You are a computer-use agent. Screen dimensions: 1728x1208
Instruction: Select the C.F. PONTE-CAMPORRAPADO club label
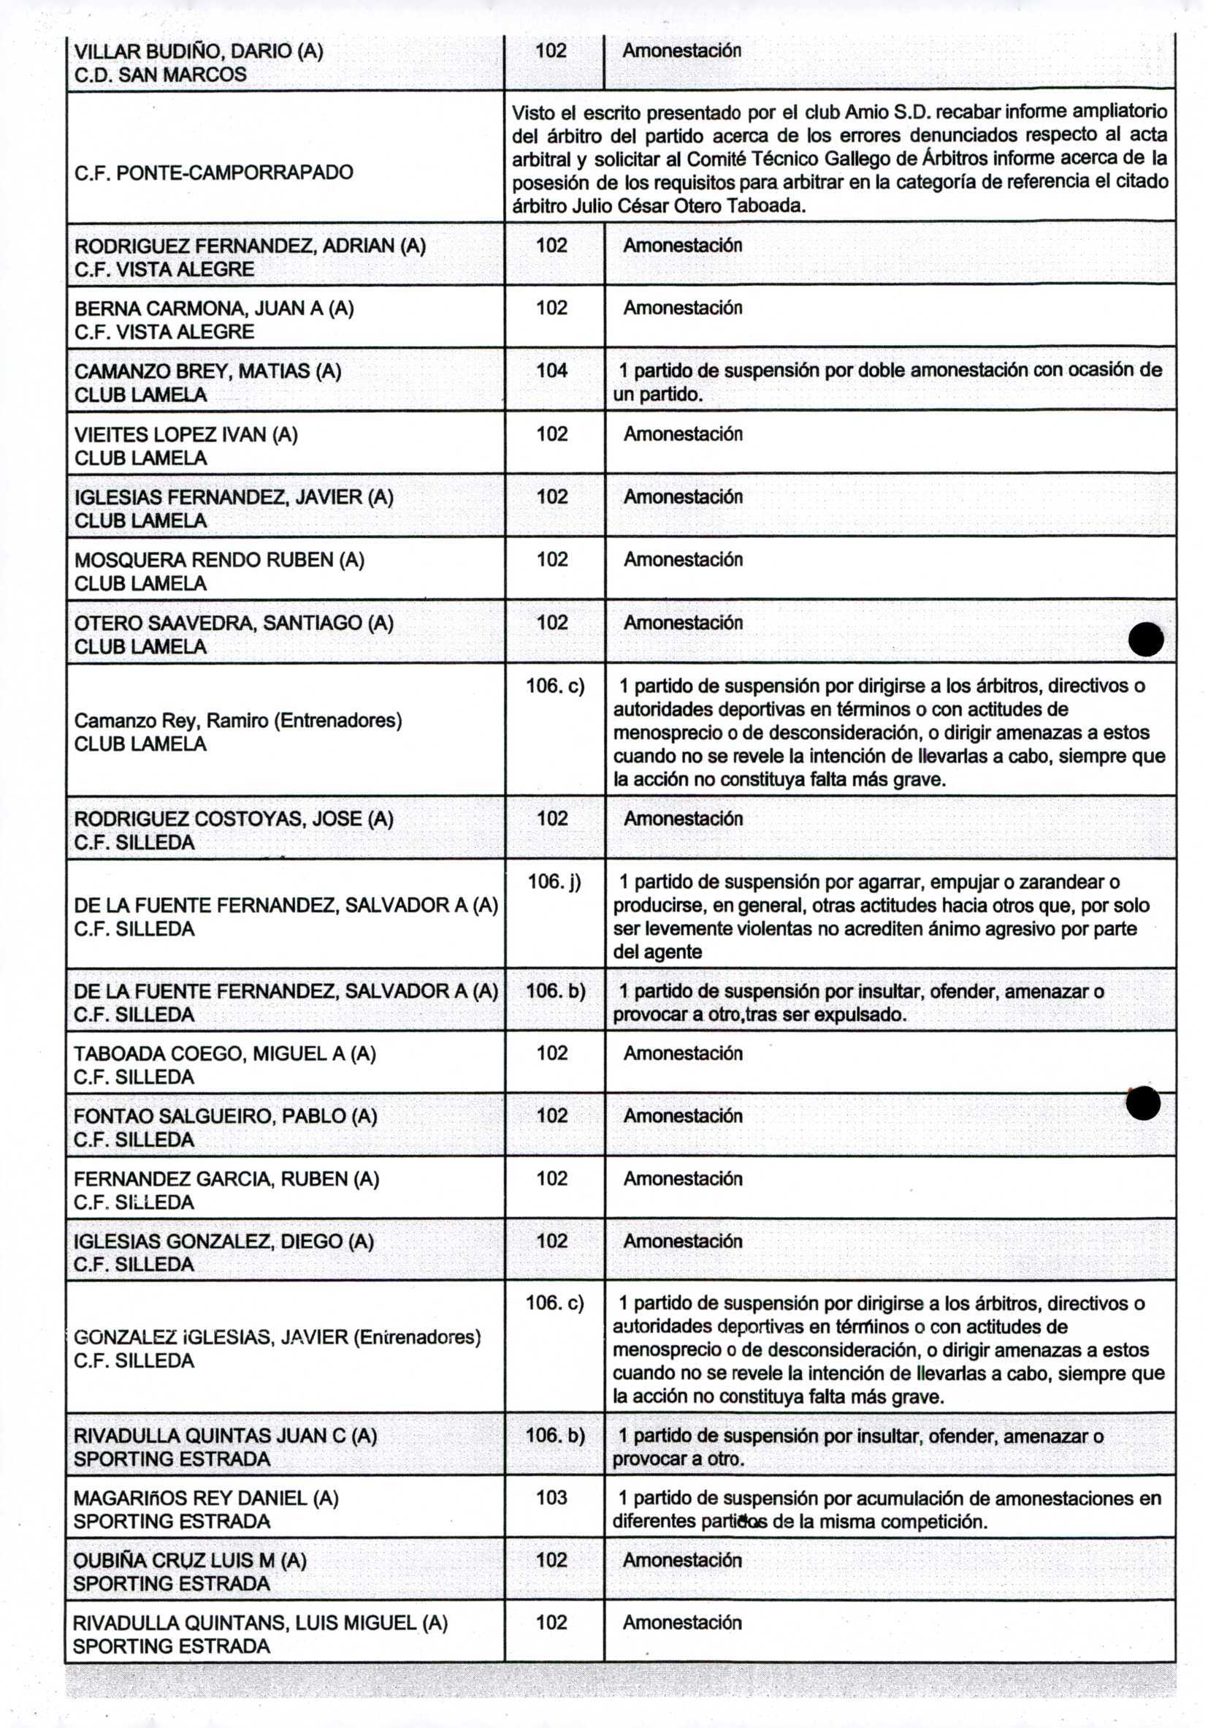(213, 173)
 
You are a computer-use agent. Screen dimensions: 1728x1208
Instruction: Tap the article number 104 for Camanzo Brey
(551, 371)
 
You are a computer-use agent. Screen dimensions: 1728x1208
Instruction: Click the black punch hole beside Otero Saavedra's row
(1146, 640)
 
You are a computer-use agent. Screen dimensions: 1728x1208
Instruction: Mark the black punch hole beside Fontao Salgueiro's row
(1142, 1103)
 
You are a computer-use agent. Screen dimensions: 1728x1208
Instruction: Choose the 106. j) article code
(554, 881)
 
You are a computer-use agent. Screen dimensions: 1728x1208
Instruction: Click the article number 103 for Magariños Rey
(551, 1498)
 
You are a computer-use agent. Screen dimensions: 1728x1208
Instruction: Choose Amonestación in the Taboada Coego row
(682, 1053)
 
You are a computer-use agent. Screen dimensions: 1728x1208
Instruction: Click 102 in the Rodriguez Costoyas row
(551, 818)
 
